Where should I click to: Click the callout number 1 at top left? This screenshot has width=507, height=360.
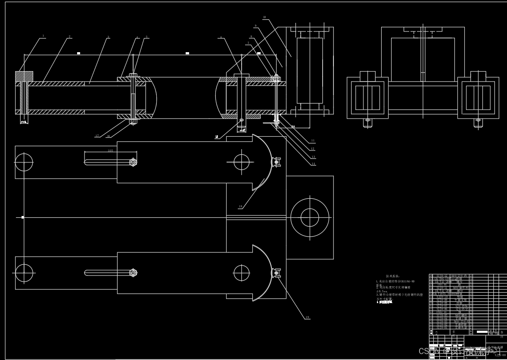click(x=43, y=36)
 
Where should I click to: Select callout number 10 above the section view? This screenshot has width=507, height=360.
click(x=264, y=17)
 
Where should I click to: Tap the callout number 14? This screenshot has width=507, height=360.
click(x=314, y=164)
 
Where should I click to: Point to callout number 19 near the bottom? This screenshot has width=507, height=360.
click(x=307, y=317)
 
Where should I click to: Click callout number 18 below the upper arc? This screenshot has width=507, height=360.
click(x=240, y=207)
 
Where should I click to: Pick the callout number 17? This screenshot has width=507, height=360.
click(x=97, y=136)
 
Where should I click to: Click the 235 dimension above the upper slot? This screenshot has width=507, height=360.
click(x=110, y=151)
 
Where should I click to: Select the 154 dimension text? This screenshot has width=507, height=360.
click(x=293, y=126)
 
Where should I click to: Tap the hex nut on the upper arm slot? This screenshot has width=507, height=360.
click(x=133, y=162)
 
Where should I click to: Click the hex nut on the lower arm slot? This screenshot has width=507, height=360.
click(x=133, y=272)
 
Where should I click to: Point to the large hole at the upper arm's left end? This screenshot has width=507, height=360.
click(x=24, y=162)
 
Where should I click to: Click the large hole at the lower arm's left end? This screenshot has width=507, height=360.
click(x=24, y=272)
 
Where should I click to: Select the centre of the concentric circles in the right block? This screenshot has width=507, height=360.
click(x=309, y=217)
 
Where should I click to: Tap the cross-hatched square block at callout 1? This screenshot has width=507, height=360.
click(x=24, y=76)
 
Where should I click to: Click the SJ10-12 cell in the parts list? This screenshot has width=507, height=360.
click(x=442, y=275)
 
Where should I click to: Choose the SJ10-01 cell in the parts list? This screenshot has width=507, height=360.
click(x=442, y=327)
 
